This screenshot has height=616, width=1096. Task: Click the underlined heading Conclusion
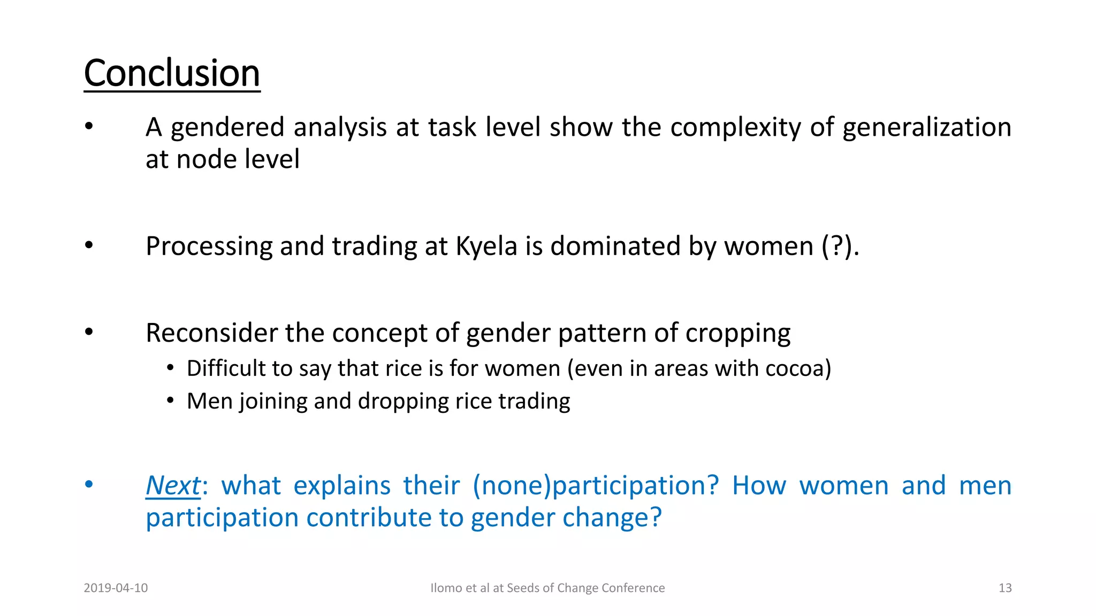point(172,73)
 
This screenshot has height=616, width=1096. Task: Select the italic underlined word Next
point(173,486)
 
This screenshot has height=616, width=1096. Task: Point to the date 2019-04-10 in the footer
point(116,588)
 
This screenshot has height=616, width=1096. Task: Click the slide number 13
point(1005,588)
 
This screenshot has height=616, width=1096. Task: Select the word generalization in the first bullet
point(927,127)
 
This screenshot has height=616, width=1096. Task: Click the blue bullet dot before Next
point(89,484)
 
